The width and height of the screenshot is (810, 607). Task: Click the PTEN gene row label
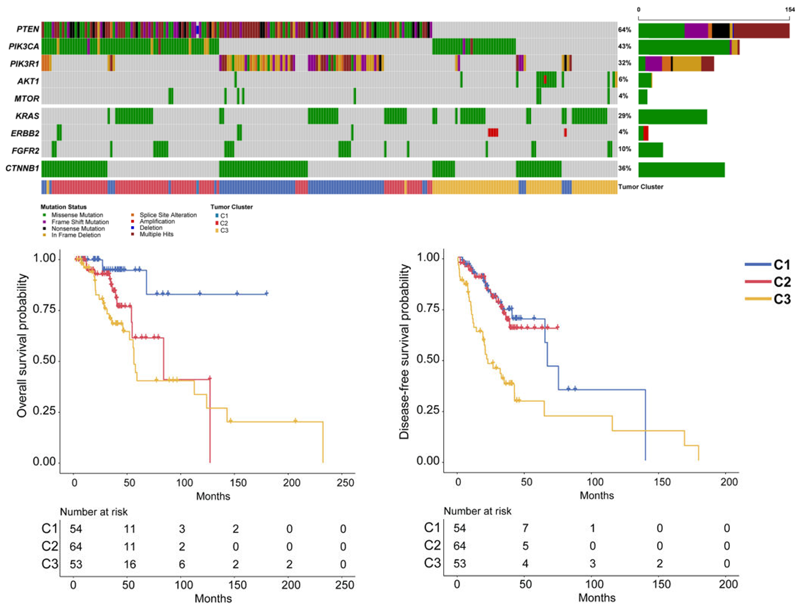(x=28, y=29)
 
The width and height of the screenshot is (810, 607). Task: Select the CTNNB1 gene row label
(x=22, y=168)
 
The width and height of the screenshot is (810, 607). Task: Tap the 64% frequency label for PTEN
(x=624, y=30)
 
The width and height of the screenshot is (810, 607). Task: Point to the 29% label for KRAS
(x=624, y=116)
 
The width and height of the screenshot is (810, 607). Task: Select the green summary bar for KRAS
(x=672, y=117)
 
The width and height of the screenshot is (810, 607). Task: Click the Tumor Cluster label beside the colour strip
(x=641, y=187)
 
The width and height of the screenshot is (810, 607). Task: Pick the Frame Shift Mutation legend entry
(x=80, y=222)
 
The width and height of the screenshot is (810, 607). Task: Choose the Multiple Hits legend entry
(x=156, y=234)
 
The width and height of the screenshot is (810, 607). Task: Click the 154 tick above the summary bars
(x=790, y=9)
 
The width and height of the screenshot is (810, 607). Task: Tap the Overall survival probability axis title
(x=22, y=345)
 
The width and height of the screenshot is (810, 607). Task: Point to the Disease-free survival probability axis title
(x=405, y=352)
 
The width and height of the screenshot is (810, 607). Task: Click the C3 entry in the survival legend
(x=782, y=299)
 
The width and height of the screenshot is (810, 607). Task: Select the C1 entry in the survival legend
(x=782, y=265)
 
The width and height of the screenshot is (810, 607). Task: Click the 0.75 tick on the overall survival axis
(x=44, y=309)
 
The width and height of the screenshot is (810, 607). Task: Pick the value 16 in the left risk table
(x=130, y=564)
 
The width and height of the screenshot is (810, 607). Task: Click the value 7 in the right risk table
(x=525, y=528)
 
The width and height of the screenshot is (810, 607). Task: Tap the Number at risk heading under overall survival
(x=94, y=512)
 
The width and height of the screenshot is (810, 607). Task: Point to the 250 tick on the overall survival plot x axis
(x=345, y=483)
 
